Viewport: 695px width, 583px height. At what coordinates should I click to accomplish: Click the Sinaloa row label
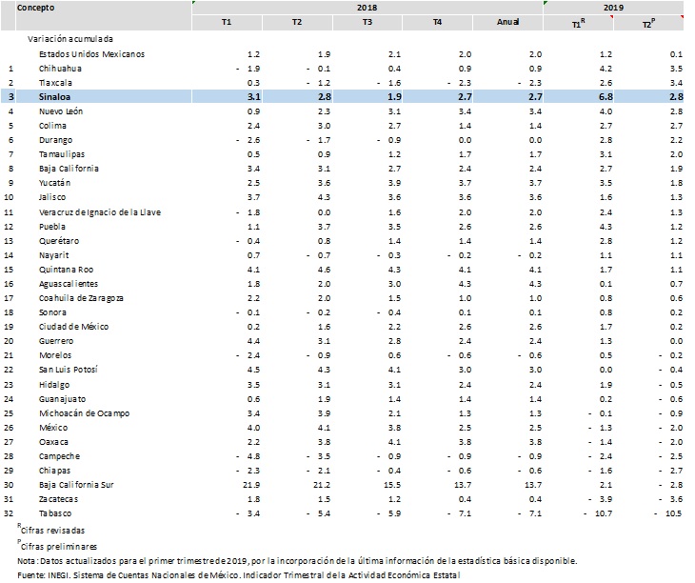(54, 97)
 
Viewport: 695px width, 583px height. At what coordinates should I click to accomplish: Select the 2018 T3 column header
(367, 22)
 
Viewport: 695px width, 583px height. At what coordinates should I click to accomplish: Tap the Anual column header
(508, 22)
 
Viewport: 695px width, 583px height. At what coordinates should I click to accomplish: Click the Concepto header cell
(36, 8)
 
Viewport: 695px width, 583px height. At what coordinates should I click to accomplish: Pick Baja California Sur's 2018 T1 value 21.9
(251, 485)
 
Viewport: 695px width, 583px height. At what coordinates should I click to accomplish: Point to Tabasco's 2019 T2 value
(668, 513)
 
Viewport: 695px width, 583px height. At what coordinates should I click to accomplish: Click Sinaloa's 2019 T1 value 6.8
(606, 97)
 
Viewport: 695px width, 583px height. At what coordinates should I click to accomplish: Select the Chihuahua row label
(60, 69)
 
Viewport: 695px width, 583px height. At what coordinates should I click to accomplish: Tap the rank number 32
(9, 513)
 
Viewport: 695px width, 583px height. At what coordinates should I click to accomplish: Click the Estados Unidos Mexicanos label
(91, 54)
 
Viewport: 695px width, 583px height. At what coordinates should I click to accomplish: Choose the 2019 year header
(613, 8)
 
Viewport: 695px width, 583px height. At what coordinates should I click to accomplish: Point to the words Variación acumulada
(70, 39)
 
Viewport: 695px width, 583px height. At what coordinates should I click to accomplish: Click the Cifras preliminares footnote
(58, 546)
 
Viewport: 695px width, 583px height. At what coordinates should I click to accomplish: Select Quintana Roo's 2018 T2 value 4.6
(324, 270)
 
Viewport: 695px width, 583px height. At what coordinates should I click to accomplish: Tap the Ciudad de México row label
(73, 327)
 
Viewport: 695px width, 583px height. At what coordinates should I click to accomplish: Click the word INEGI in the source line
(57, 575)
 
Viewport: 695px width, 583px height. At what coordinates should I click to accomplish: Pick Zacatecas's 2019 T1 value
(600, 499)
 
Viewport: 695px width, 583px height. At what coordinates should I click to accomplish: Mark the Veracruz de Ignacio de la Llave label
(100, 212)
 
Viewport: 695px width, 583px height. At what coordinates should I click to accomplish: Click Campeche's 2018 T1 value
(248, 456)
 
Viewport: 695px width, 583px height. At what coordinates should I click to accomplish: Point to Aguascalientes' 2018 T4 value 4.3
(465, 284)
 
